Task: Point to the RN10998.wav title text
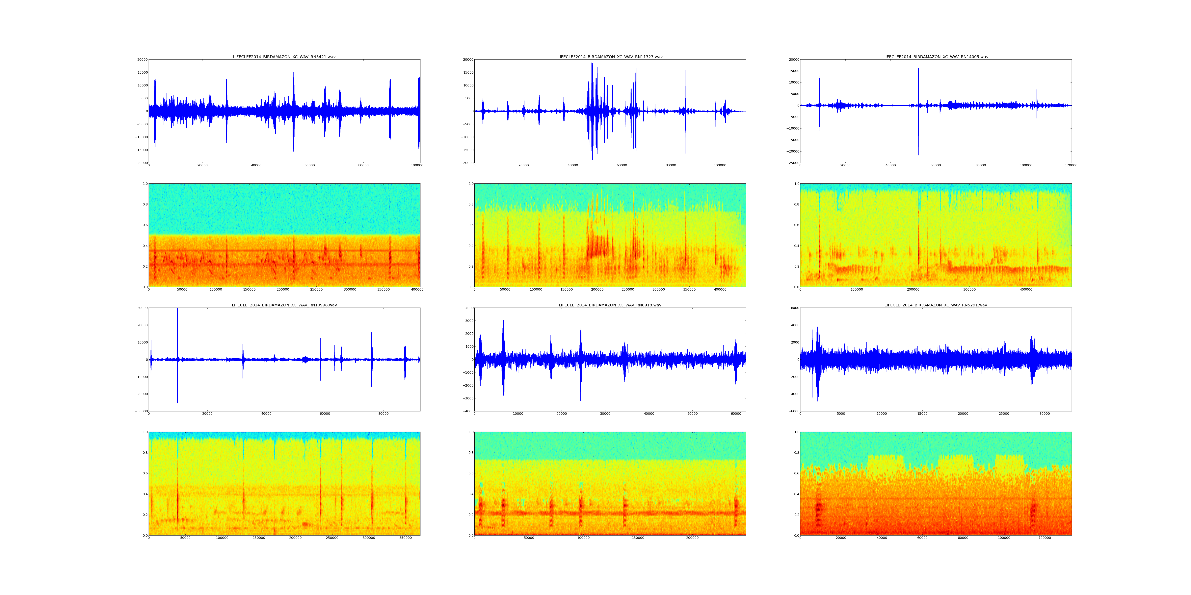(284, 305)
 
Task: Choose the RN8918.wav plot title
(610, 305)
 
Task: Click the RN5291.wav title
(936, 305)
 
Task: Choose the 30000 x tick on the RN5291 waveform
(1045, 414)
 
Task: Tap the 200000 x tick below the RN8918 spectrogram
(692, 538)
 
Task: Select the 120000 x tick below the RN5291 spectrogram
(1045, 538)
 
